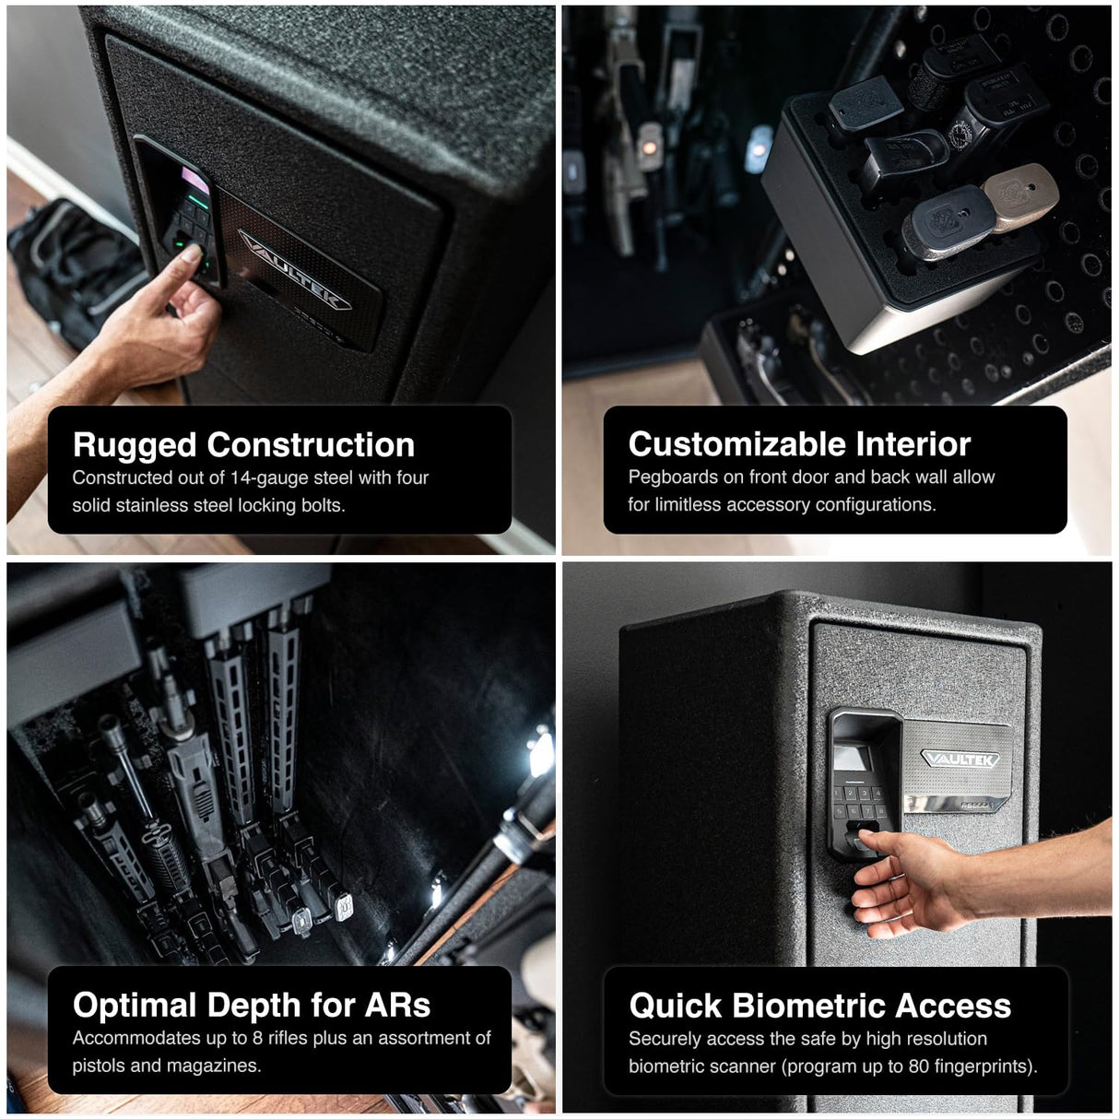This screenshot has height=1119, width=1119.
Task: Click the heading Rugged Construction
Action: (243, 445)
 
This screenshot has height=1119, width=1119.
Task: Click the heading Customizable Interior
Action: (799, 444)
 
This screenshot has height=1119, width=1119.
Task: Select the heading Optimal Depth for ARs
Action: (251, 1005)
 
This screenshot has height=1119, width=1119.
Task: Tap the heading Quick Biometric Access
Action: (819, 1006)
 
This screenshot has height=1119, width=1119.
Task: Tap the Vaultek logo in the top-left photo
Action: (295, 269)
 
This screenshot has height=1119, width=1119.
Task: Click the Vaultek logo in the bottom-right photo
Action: (959, 760)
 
